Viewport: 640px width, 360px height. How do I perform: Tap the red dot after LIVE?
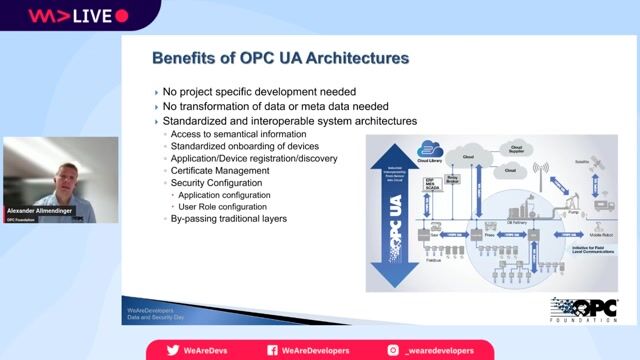coord(121,16)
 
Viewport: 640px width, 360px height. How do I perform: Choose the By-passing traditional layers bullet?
coord(228,218)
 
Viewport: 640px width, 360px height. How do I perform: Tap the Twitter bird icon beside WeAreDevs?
coord(172,350)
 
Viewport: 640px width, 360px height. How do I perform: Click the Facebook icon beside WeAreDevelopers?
coord(272,350)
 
